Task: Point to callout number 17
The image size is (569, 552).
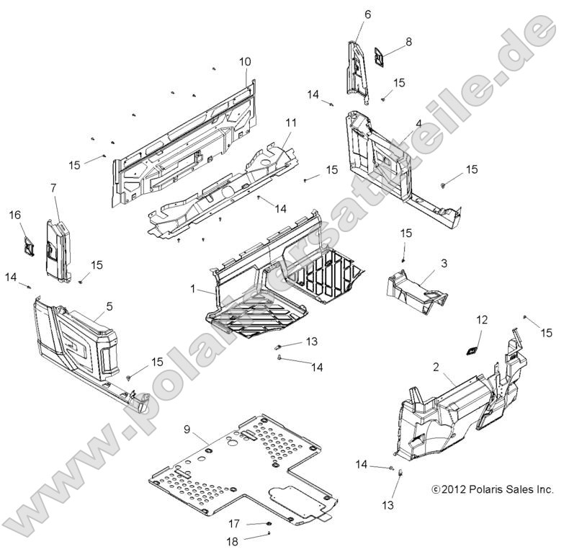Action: coord(234,523)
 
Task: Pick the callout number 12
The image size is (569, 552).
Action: coord(482,319)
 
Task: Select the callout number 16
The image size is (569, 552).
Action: coord(14,215)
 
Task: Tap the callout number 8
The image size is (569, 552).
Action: coord(408,42)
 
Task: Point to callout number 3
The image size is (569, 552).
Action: coord(444,264)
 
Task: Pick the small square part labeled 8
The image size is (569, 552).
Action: coord(380,59)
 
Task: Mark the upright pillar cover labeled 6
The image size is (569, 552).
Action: coord(359,72)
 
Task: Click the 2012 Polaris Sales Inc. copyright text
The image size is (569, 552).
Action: coord(492,489)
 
